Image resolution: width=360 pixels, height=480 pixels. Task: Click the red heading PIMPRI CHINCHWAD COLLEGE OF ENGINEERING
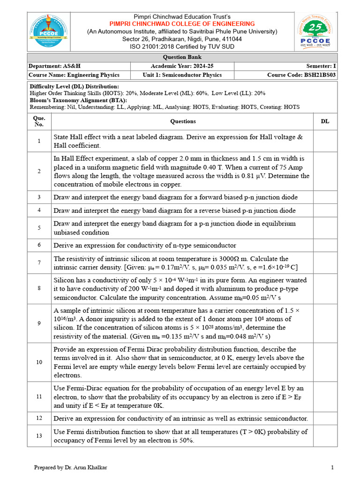coord(182,23)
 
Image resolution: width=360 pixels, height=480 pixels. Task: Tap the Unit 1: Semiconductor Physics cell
coord(182,75)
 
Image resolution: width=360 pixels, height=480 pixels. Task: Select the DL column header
coord(325,121)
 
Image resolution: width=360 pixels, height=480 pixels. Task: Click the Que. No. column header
coord(39,121)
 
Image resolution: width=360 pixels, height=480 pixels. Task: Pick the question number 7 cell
coord(39,262)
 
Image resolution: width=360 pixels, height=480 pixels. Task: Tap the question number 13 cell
coord(39,436)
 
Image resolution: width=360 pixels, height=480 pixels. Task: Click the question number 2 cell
coord(39,171)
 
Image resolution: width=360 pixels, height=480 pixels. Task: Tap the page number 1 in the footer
coord(332,467)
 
